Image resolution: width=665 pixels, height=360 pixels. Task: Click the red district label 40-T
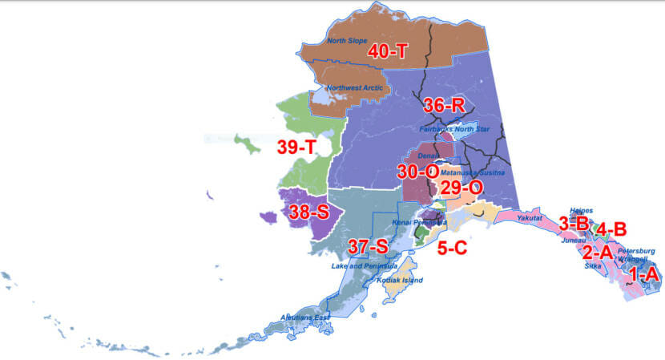[388, 51]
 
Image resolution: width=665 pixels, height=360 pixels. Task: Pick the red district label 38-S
[309, 212]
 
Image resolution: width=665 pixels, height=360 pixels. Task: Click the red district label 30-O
[417, 171]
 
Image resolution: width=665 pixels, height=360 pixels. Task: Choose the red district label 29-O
[461, 187]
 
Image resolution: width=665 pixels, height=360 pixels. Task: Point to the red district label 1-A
[643, 275]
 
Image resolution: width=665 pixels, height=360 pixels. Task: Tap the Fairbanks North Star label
[454, 127]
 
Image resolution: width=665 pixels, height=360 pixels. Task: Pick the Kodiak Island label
[401, 280]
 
